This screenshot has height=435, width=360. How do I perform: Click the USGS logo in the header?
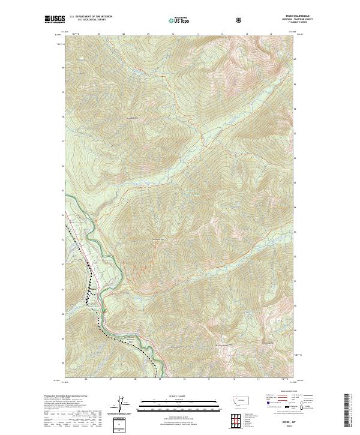[x=55, y=20]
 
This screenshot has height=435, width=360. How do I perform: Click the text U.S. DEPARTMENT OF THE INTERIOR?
[x=91, y=17]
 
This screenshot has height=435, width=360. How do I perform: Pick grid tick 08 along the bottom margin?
[x=136, y=379]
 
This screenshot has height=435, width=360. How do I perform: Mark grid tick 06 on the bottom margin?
[x=86, y=379]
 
